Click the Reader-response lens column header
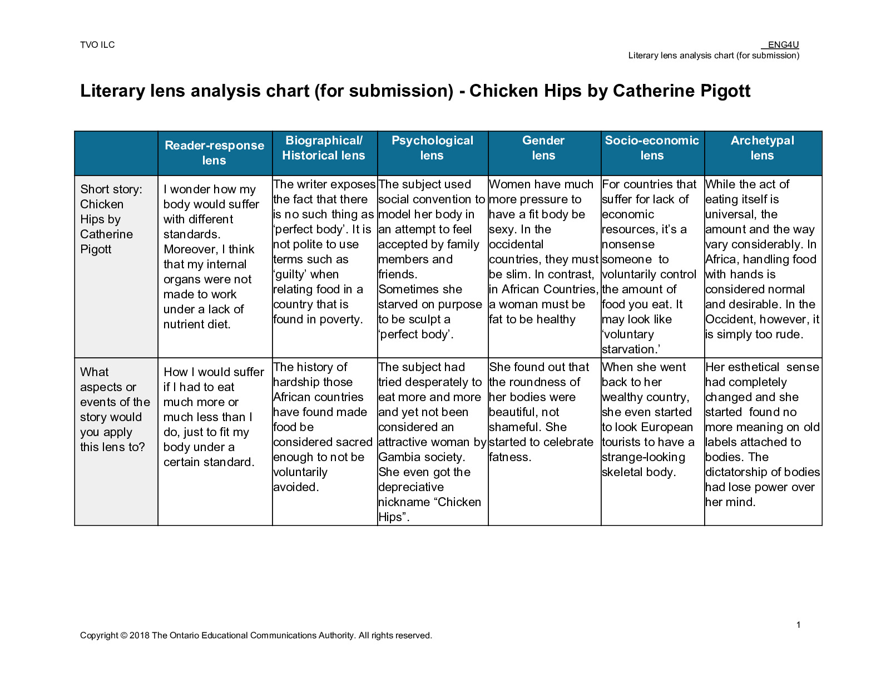click(x=214, y=153)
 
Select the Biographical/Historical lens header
click(x=324, y=148)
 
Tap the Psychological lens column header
click(x=432, y=148)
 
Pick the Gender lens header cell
click(x=543, y=148)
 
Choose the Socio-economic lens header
click(x=652, y=148)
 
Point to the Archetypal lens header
click(x=762, y=148)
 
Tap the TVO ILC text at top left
click(x=97, y=45)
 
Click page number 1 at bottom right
click(x=798, y=625)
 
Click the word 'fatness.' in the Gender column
click(x=510, y=457)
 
